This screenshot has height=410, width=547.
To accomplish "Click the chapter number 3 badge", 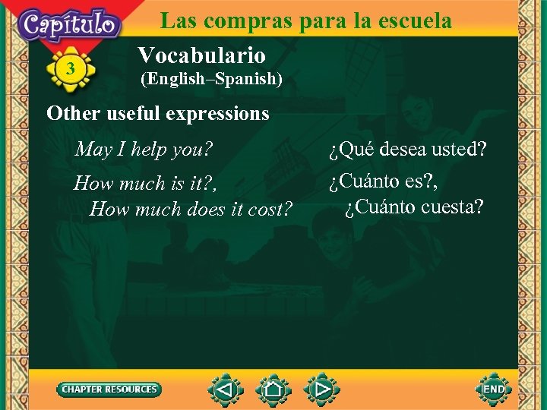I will click(71, 70).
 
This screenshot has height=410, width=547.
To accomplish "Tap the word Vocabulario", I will click(201, 55).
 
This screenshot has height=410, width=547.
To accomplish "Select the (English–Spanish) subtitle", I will click(211, 78).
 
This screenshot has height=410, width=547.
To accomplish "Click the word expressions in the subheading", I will click(220, 114).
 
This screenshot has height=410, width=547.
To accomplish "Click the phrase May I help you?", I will click(144, 149).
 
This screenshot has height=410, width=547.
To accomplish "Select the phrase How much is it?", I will click(150, 184).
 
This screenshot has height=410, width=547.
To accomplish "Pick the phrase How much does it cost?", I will click(191, 209).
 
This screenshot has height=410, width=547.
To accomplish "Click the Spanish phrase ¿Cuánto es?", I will click(384, 183).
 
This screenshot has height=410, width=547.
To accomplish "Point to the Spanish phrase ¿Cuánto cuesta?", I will click(414, 207).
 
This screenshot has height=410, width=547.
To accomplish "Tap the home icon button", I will click(273, 389).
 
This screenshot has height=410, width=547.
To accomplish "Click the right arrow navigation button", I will click(321, 389).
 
